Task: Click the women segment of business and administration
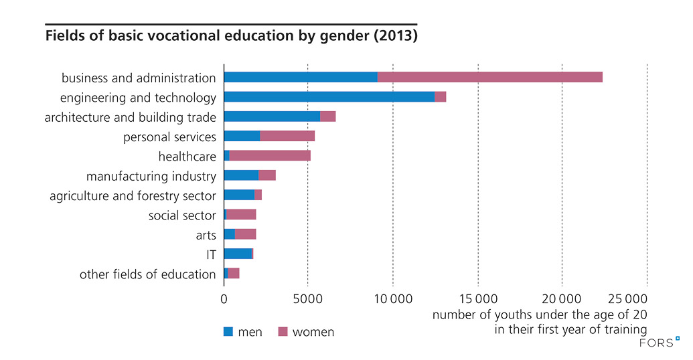point(489,77)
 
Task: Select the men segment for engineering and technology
point(329,97)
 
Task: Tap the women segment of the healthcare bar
point(270,156)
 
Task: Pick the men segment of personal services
point(242,137)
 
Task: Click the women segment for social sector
point(241,215)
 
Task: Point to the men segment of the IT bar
point(238,254)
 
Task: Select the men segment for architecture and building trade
point(272,116)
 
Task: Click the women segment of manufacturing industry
point(267,175)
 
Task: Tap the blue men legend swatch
point(228,331)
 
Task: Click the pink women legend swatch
point(283,331)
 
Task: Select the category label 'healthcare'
point(187,157)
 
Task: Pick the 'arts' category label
point(206,235)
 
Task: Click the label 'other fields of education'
point(147,274)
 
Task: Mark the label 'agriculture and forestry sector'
point(133,195)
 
